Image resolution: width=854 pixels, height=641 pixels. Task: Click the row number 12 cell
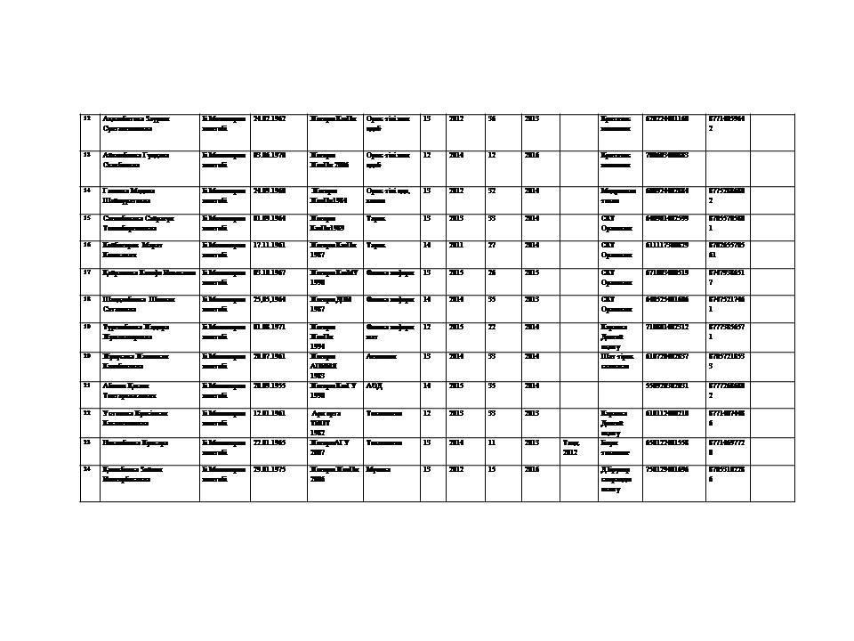click(x=86, y=118)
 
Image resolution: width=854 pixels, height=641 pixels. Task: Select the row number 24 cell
click(x=86, y=468)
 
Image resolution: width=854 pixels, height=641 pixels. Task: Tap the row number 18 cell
click(x=86, y=299)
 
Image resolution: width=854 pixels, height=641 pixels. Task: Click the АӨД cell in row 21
click(x=375, y=385)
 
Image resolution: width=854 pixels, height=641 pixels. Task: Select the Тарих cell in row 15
click(x=375, y=218)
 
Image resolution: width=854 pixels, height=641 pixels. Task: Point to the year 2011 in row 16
click(x=455, y=245)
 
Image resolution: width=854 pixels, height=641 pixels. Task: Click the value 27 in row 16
click(x=492, y=245)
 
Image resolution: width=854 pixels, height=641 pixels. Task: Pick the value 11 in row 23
click(x=492, y=442)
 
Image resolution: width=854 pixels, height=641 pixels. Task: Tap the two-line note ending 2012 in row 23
click(x=570, y=447)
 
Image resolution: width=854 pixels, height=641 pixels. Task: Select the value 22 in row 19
click(x=492, y=327)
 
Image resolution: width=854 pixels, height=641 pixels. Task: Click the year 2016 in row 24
click(x=531, y=468)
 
